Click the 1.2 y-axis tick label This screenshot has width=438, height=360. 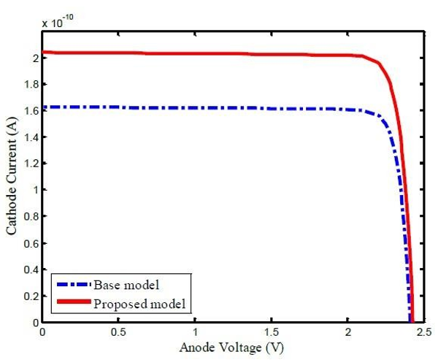(x=29, y=164)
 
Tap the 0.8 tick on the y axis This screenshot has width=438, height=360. (x=29, y=217)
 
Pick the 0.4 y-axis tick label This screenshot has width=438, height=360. (x=29, y=269)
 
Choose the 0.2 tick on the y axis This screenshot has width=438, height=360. (x=29, y=296)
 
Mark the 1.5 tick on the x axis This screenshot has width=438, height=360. (x=271, y=332)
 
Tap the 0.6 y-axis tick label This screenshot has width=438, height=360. (x=29, y=243)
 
